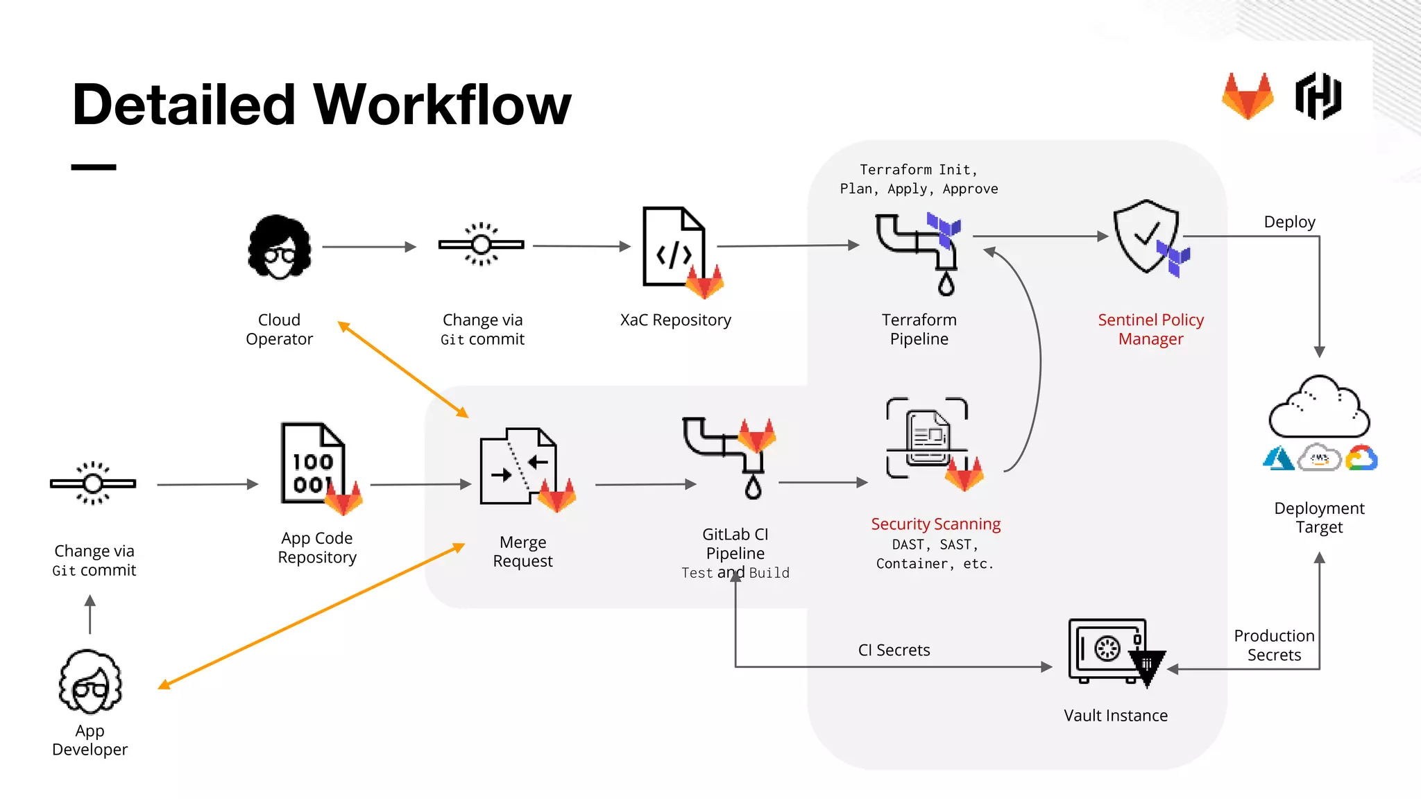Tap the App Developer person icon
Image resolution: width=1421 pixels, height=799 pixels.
click(90, 682)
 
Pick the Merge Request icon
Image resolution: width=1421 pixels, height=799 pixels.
click(519, 467)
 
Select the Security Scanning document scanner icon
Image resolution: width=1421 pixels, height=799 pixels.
click(927, 438)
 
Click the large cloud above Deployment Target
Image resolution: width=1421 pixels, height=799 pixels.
click(1318, 409)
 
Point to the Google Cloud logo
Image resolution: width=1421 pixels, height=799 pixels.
click(1361, 458)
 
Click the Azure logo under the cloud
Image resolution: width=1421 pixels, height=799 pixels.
click(1278, 458)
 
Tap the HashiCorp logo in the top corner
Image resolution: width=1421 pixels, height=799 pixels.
click(1318, 96)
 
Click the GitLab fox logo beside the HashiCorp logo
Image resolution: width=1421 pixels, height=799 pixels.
click(1248, 96)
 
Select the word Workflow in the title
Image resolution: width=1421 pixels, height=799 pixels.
click(443, 105)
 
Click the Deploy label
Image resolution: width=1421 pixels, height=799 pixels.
click(1289, 222)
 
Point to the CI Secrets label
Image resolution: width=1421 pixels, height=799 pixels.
click(894, 650)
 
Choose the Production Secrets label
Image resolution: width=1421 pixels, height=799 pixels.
click(1274, 645)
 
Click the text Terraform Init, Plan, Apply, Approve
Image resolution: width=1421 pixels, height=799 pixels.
click(919, 179)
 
